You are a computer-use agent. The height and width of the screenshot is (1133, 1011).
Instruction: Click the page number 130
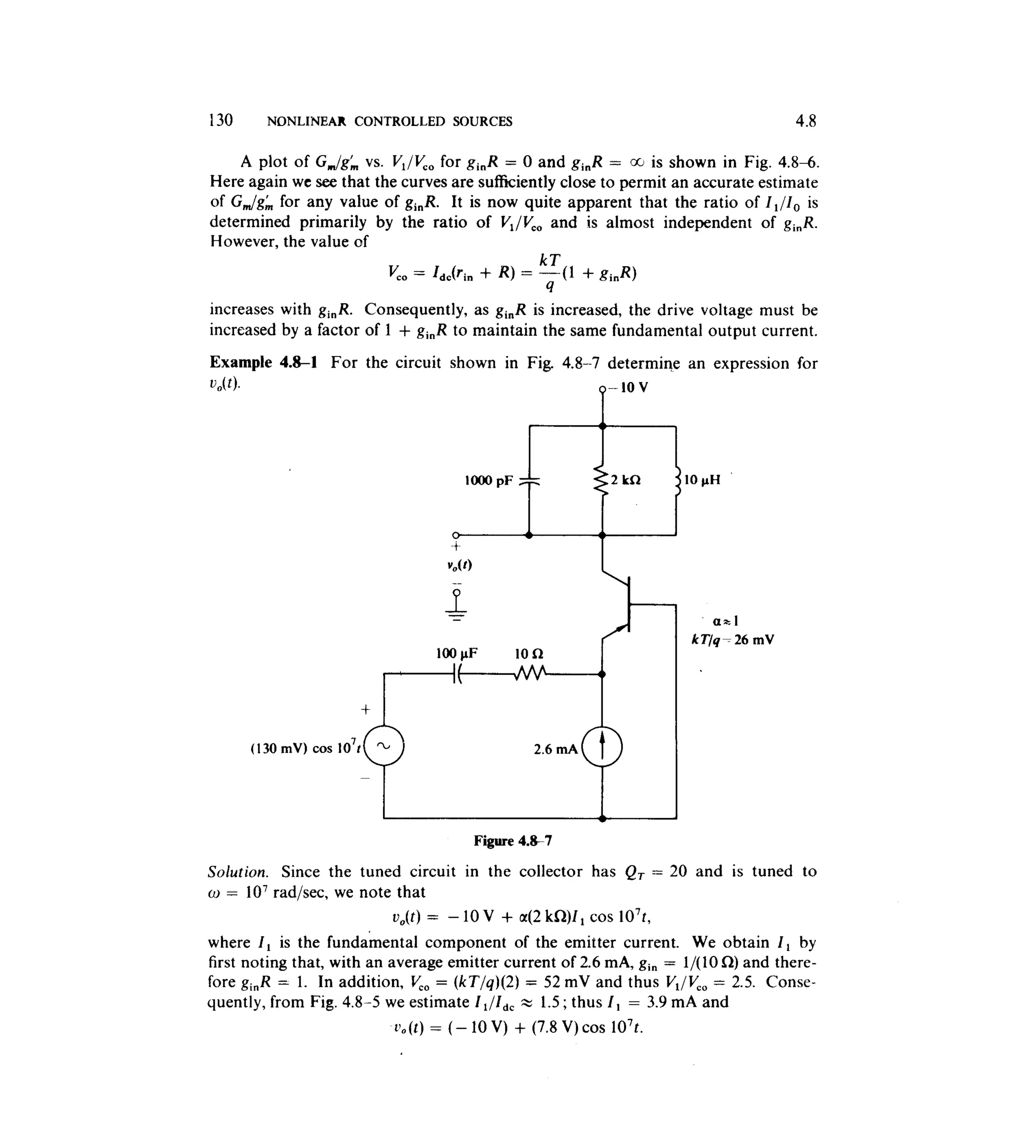(x=221, y=120)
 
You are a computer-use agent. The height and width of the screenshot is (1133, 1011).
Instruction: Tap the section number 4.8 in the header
(x=806, y=120)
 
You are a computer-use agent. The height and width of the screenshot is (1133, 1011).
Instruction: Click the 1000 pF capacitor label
(x=489, y=480)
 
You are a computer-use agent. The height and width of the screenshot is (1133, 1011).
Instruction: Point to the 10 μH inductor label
(x=702, y=480)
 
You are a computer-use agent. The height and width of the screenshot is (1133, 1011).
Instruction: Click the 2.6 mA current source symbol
(x=603, y=747)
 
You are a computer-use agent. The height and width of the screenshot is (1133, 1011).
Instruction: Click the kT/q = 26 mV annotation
(x=733, y=640)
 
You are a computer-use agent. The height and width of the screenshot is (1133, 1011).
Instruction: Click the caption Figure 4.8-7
(x=513, y=841)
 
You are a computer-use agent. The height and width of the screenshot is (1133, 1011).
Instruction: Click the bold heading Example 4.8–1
(x=263, y=363)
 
